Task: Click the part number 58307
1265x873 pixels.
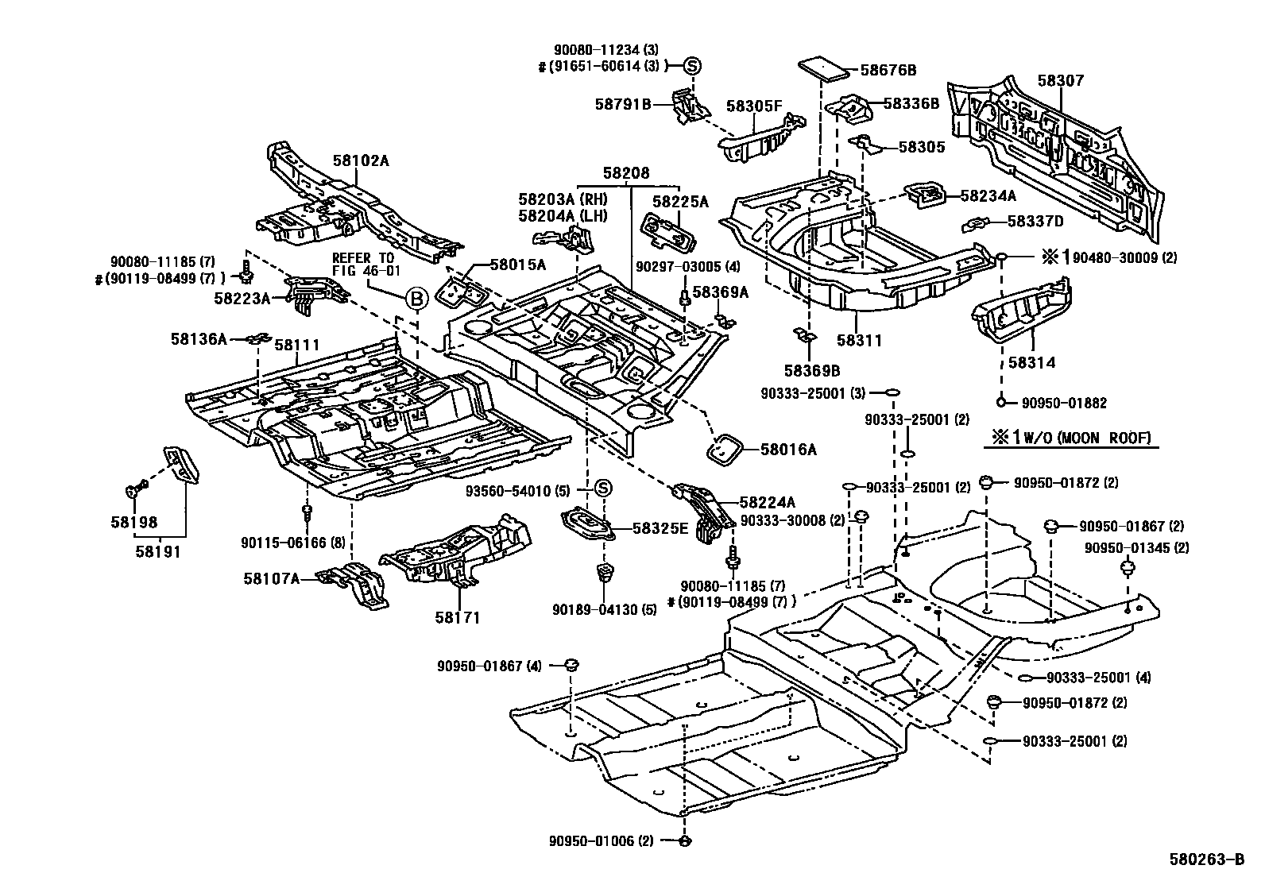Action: click(x=1060, y=81)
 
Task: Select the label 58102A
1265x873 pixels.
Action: click(x=361, y=160)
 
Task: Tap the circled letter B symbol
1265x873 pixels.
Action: click(x=416, y=299)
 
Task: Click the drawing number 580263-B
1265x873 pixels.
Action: click(x=1205, y=859)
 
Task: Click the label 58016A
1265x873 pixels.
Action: click(x=788, y=450)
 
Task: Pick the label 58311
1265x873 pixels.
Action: click(x=859, y=341)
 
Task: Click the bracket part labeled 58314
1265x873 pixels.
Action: click(x=1021, y=311)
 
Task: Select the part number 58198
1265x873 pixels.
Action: click(x=134, y=522)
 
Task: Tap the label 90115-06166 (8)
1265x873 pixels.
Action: click(x=293, y=543)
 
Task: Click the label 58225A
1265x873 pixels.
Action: click(x=679, y=202)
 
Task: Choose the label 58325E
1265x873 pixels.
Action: click(x=660, y=527)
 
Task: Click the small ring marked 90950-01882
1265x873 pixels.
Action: click(x=1002, y=403)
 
